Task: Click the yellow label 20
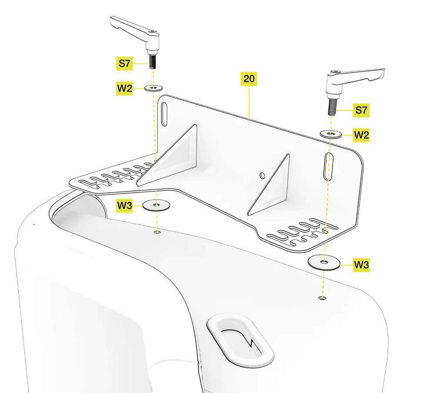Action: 249,79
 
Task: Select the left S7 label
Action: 125,63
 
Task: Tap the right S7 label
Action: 361,110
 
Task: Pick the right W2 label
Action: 361,135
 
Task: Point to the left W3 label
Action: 125,205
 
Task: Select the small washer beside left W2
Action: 153,88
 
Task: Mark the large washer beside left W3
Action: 155,205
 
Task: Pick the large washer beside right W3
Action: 324,262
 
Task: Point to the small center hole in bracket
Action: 261,175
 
